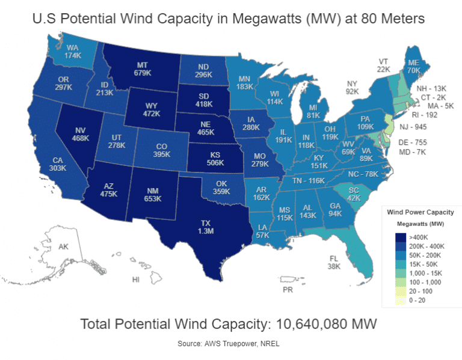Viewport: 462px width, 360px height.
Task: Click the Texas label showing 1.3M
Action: (x=206, y=227)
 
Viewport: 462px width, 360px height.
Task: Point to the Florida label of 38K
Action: (x=334, y=262)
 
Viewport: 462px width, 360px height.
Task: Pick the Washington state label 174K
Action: (x=73, y=51)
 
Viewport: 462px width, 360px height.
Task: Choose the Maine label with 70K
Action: (x=413, y=66)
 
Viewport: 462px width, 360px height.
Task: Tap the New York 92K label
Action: (x=352, y=88)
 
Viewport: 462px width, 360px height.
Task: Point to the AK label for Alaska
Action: (x=64, y=246)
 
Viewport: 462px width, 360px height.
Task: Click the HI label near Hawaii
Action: (x=136, y=280)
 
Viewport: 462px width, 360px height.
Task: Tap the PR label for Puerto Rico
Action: (x=288, y=289)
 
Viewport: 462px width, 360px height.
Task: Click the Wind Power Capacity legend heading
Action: (x=420, y=212)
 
